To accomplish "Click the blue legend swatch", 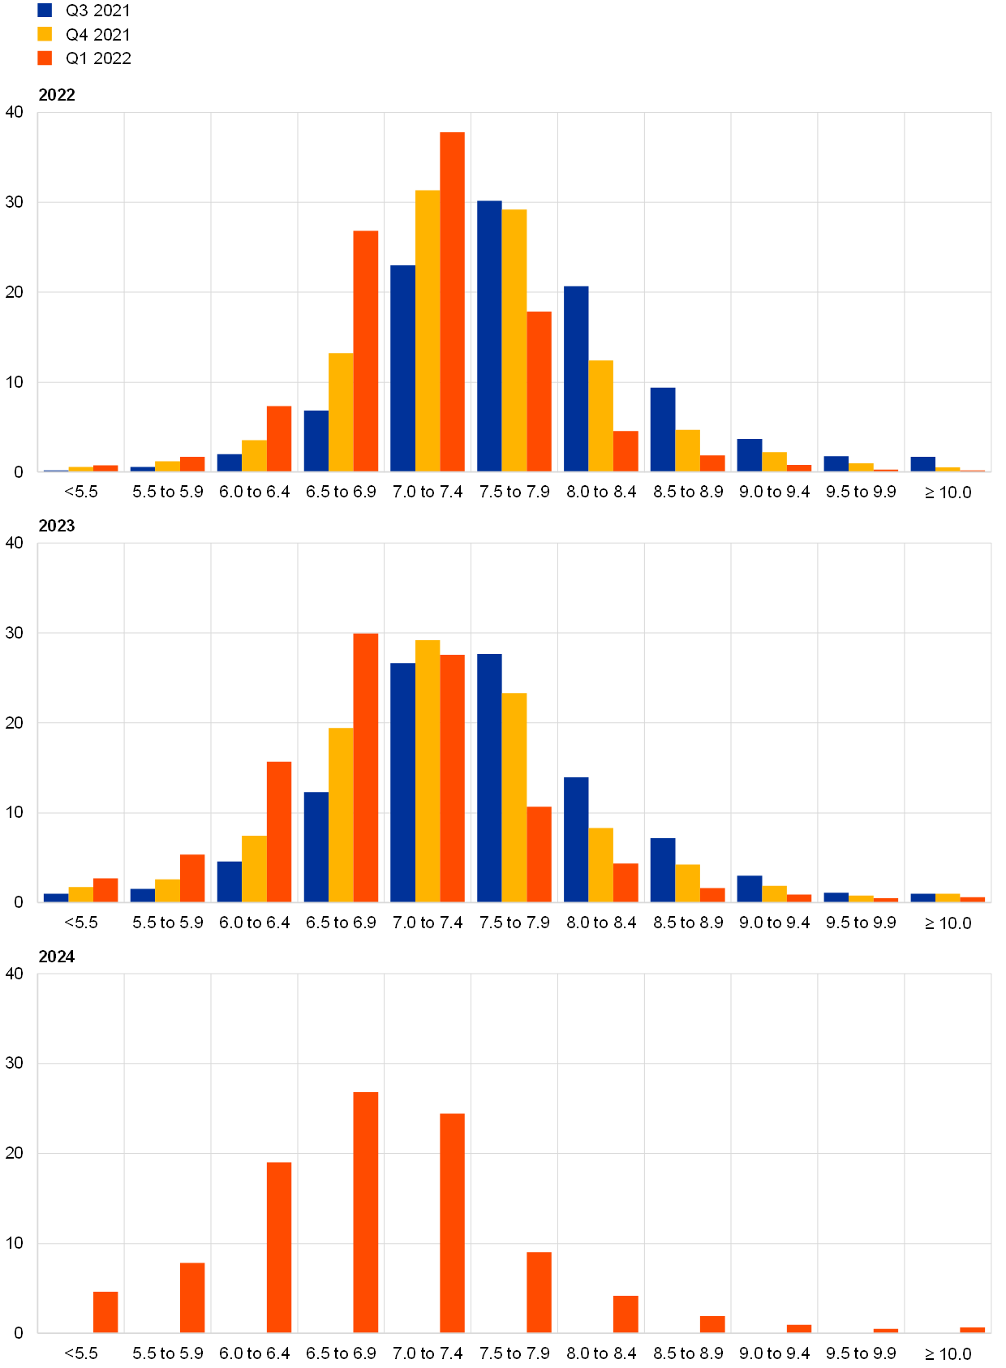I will coord(45,11).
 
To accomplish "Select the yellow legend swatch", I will coord(45,34).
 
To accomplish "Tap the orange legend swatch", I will coord(45,58).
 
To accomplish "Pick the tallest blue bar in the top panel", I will coord(489,336).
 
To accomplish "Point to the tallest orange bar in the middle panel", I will coord(366,768).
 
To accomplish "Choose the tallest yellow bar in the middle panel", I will coord(428,771).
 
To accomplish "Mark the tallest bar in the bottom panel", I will coord(366,1212).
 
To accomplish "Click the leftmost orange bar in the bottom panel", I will coord(105,1312).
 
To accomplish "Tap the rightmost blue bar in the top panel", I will coord(922,464).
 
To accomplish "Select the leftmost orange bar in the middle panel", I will coord(105,890).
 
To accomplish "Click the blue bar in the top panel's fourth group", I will coord(316,441).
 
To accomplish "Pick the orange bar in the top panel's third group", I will coord(279,438).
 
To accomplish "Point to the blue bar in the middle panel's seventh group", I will coord(576,840).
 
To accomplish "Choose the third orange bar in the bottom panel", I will coord(279,1247).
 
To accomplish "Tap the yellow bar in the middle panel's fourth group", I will coord(341,815).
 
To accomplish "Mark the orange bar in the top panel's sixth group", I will coord(539,391).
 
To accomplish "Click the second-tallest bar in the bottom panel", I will coord(452,1223).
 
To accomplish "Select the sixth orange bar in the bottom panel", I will coord(539,1293).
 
